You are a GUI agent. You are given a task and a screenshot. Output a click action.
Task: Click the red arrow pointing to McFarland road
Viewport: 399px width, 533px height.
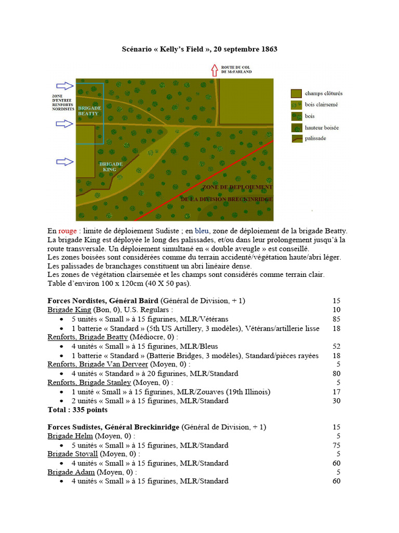tap(214, 70)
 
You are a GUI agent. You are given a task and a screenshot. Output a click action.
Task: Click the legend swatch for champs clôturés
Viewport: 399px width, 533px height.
tap(296, 94)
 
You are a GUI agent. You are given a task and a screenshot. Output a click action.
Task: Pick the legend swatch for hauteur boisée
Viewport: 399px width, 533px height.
tap(296, 128)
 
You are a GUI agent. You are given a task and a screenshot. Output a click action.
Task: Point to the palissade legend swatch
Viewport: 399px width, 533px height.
tap(296, 139)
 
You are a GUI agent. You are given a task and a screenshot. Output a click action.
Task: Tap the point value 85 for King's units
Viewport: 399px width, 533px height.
tap(336, 319)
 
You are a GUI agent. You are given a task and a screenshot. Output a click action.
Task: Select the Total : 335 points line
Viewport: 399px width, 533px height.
tap(77, 410)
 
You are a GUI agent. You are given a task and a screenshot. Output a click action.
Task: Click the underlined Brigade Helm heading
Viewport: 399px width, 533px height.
tap(70, 436)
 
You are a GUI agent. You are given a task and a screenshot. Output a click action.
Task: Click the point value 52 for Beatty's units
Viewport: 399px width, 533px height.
tap(336, 346)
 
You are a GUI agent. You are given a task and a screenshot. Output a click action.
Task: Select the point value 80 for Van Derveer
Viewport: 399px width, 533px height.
tap(336, 373)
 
